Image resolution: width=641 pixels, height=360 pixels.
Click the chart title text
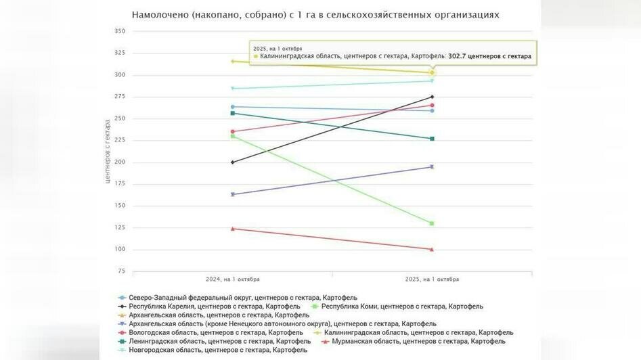pyautogui.click(x=315, y=14)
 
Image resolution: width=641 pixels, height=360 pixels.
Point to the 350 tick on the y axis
pyautogui.click(x=120, y=31)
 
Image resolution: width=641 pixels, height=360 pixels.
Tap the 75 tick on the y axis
pyautogui.click(x=122, y=271)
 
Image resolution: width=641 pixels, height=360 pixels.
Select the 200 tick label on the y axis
pyautogui.click(x=120, y=162)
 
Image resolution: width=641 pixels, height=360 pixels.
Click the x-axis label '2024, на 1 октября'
pyautogui.click(x=233, y=279)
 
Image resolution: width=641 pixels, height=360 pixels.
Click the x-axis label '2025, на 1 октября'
pyautogui.click(x=432, y=279)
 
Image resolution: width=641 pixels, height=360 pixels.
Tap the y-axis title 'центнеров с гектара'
pyautogui.click(x=107, y=152)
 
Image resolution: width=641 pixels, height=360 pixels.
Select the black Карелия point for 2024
pyautogui.click(x=233, y=162)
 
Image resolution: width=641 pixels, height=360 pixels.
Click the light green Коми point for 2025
pyautogui.click(x=432, y=223)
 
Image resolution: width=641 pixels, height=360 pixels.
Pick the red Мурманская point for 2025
pyautogui.click(x=432, y=249)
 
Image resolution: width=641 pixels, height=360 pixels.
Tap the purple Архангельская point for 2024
pyautogui.click(x=233, y=194)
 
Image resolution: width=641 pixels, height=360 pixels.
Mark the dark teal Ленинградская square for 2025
pyautogui.click(x=432, y=139)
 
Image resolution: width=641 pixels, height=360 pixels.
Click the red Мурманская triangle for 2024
pyautogui.click(x=233, y=229)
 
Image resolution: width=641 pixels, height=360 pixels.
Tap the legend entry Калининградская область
pyautogui.click(x=418, y=332)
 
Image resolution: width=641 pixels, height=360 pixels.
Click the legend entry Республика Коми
pyautogui.click(x=401, y=307)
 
